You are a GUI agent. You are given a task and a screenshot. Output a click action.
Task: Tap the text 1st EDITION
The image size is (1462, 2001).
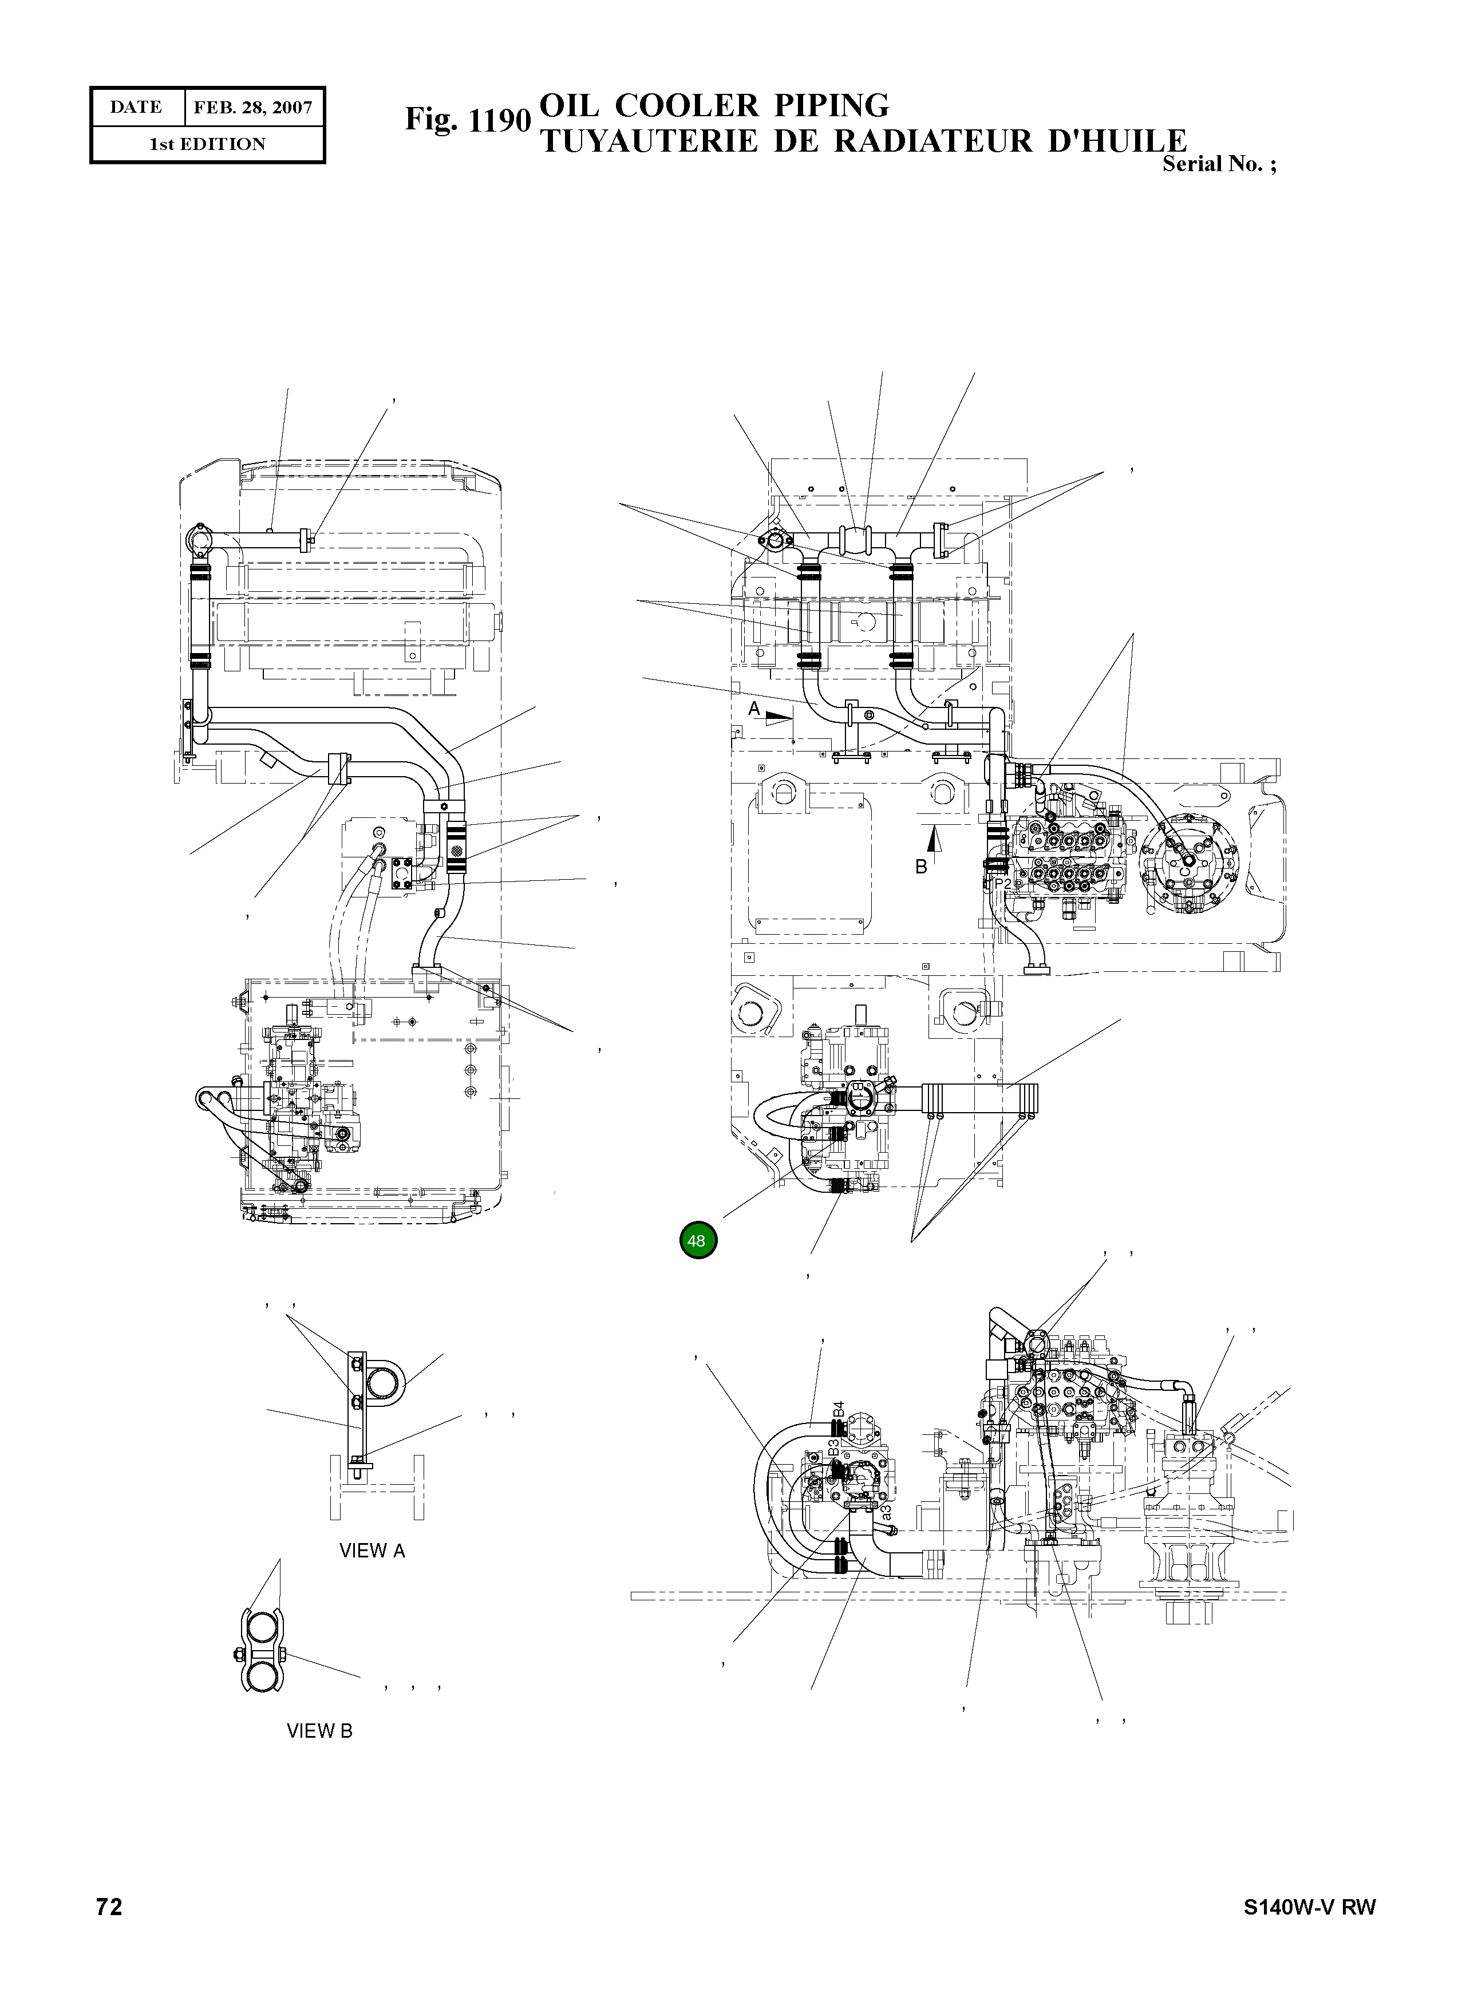point(207,144)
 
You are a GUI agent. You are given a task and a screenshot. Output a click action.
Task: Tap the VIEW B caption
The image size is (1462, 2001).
point(319,1731)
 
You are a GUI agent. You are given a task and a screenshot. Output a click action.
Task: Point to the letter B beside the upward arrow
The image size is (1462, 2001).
point(920,867)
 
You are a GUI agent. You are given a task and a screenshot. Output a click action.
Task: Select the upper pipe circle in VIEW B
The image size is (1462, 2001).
point(262,1630)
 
